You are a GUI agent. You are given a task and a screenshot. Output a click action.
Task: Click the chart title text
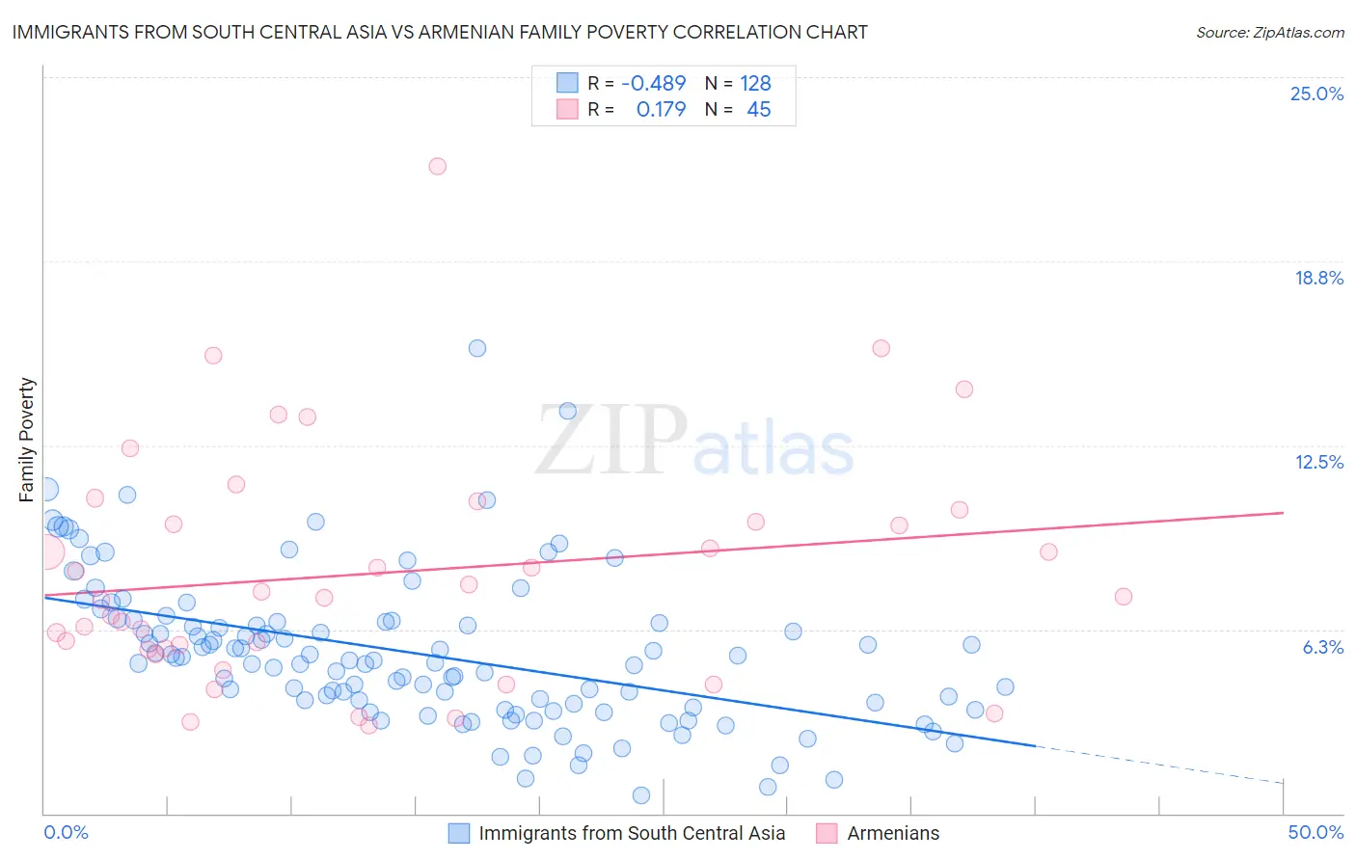click(x=440, y=32)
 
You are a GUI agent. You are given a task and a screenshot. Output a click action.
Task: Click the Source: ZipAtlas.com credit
click(x=1269, y=32)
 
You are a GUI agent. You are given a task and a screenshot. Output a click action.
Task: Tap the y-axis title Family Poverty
click(x=26, y=440)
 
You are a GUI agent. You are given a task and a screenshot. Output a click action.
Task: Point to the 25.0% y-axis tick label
click(x=1316, y=94)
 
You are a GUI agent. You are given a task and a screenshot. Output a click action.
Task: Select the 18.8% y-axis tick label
click(x=1318, y=278)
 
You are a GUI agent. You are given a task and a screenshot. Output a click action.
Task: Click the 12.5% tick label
click(x=1318, y=462)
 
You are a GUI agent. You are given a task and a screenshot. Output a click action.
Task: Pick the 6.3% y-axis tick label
click(x=1322, y=647)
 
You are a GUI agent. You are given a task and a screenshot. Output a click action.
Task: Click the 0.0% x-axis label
click(x=66, y=832)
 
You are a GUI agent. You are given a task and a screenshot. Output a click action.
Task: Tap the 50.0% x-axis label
click(x=1315, y=832)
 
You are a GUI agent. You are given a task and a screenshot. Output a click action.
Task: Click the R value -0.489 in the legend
click(x=653, y=84)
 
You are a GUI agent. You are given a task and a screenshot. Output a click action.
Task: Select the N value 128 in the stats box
click(x=755, y=84)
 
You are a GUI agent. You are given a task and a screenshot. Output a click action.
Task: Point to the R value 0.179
click(x=661, y=110)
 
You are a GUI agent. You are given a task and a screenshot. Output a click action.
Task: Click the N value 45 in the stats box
click(x=758, y=110)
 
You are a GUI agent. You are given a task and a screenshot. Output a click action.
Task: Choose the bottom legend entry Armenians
click(x=892, y=833)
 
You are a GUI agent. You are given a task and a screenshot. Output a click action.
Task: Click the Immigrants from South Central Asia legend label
click(x=632, y=833)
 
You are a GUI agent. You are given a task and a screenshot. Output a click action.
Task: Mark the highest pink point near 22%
click(x=437, y=166)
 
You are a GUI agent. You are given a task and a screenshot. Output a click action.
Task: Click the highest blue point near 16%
click(x=476, y=348)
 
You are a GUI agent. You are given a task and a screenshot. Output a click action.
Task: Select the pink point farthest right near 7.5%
click(x=1123, y=596)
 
